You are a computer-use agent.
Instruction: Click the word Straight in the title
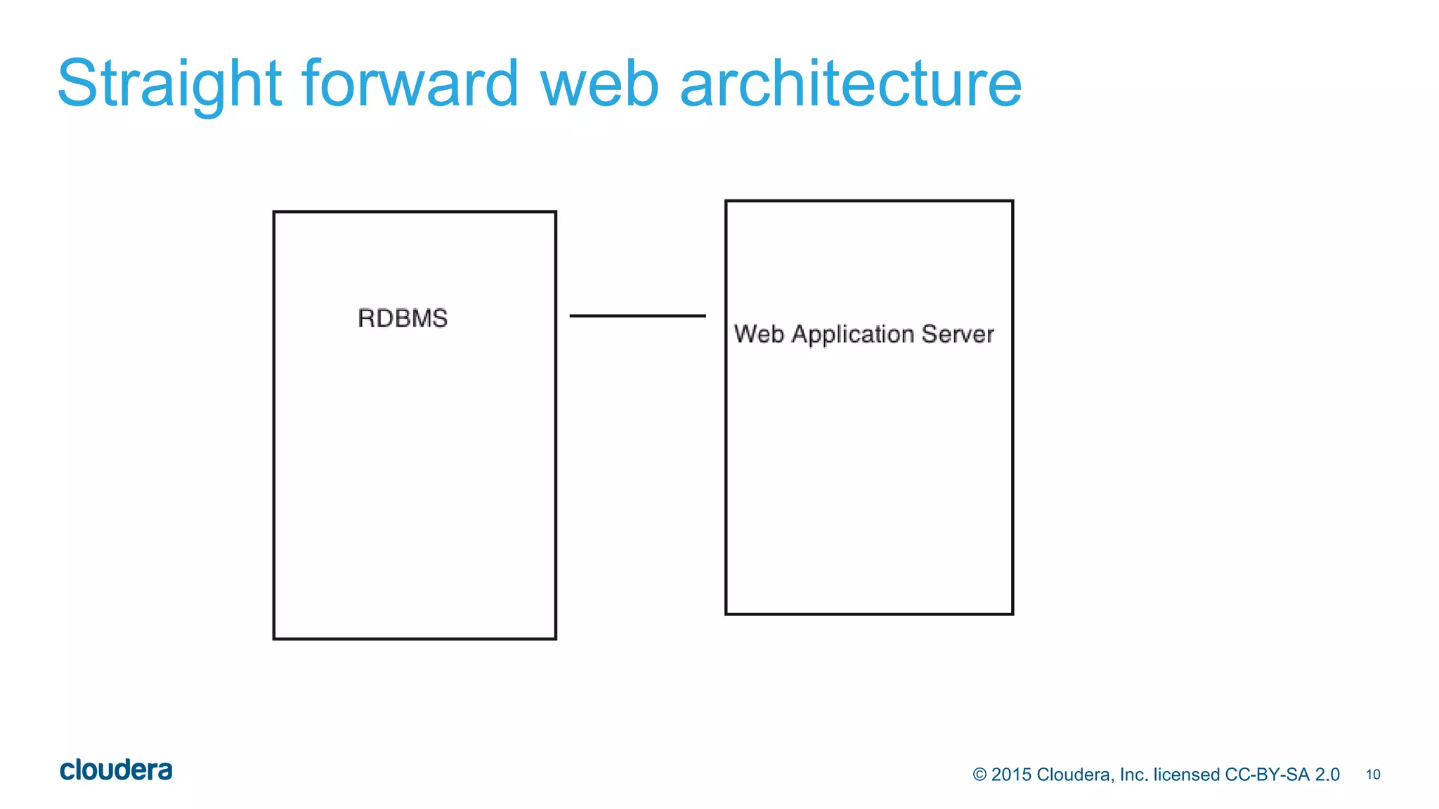pos(169,84)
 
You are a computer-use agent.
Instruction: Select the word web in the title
pos(599,84)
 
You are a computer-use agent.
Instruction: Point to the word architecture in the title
pos(850,84)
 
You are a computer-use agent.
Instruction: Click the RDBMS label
pos(403,318)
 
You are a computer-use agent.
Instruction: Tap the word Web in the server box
pos(759,334)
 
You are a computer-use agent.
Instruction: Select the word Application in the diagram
pos(853,335)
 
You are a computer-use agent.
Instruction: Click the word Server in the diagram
pos(958,334)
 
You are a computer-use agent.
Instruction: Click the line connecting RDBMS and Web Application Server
pos(637,316)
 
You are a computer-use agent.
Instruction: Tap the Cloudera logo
pos(116,770)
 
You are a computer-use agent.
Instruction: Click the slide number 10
pos(1373,775)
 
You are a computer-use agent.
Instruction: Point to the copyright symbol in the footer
pos(979,775)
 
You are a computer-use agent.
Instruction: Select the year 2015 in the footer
pos(1011,775)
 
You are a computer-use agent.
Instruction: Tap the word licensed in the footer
pos(1186,775)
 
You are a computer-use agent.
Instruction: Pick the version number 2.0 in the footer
pos(1327,775)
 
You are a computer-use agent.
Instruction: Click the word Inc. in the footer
pos(1133,775)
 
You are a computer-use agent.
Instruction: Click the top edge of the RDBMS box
pos(415,211)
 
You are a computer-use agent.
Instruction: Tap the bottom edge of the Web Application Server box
pos(869,614)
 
